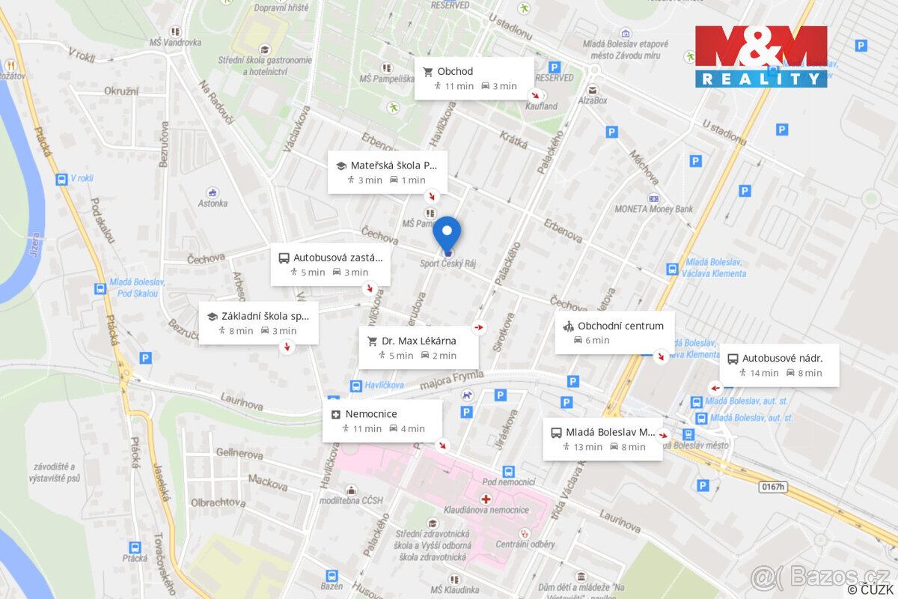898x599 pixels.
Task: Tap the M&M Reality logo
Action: point(761,56)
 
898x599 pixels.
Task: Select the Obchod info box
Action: point(474,79)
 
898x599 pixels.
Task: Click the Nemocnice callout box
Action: point(382,421)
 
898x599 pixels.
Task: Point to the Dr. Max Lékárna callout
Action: point(418,347)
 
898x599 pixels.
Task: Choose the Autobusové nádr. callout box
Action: point(779,365)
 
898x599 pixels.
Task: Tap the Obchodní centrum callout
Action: point(614,332)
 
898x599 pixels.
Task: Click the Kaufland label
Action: point(542,106)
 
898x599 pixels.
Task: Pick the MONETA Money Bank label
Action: point(653,209)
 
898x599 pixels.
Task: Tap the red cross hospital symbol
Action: point(486,498)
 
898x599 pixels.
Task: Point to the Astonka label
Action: point(213,203)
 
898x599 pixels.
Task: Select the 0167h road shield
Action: point(773,487)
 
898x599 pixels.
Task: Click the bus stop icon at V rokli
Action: point(61,179)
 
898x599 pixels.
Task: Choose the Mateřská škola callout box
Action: point(388,172)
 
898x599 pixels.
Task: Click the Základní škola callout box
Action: point(258,323)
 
